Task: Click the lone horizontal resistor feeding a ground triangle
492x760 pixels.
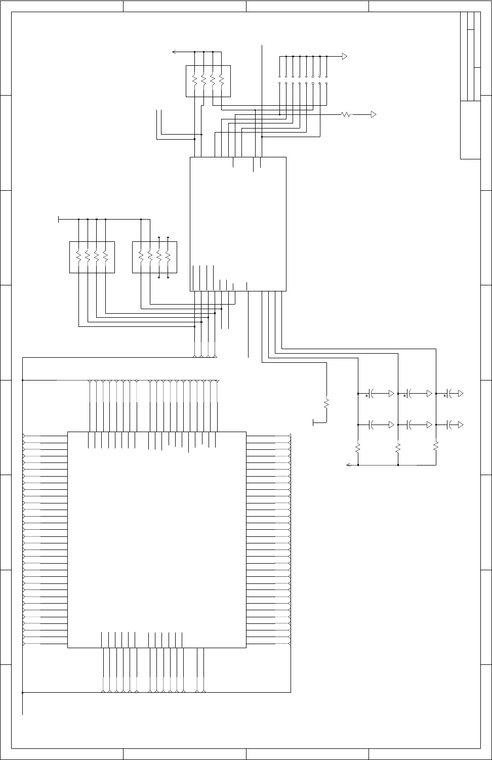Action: (x=347, y=115)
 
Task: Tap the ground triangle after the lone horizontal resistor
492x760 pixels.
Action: (x=374, y=115)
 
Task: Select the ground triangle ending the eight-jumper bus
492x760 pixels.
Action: (x=344, y=56)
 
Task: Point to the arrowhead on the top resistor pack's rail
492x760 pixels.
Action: (x=174, y=52)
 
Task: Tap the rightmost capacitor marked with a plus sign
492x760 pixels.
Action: (x=449, y=393)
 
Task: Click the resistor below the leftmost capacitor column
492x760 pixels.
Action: (x=358, y=448)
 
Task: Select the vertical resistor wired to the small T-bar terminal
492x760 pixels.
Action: (x=326, y=403)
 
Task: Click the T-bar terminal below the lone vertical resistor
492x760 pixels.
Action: (x=314, y=422)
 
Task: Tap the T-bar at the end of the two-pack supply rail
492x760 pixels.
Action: (x=59, y=219)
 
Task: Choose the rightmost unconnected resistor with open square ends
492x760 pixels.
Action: (x=168, y=257)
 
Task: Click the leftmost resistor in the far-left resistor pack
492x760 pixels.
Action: (x=78, y=257)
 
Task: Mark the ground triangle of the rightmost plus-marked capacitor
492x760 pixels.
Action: (x=460, y=393)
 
